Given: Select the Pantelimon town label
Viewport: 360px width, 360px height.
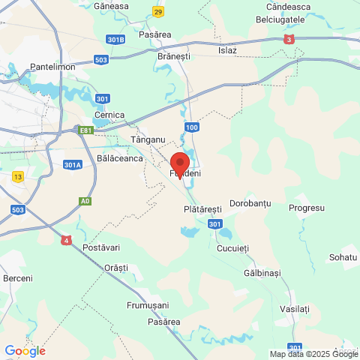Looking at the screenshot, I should tap(52, 67).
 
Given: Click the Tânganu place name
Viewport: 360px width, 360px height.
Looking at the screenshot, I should tap(147, 139).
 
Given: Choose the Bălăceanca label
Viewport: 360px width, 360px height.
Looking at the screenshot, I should tap(120, 159).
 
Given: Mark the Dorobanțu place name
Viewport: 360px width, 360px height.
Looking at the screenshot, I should tap(250, 203).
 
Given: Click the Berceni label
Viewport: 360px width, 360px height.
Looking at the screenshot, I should tap(18, 278).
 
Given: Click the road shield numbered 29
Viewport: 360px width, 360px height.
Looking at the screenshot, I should tap(157, 11).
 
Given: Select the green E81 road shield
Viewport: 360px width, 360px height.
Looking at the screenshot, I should tap(87, 130).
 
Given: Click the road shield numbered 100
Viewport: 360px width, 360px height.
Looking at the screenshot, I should tap(193, 127).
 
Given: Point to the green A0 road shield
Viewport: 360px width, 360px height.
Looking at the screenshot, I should tap(85, 202).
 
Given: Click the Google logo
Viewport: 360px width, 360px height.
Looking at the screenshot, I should tap(25, 350).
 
